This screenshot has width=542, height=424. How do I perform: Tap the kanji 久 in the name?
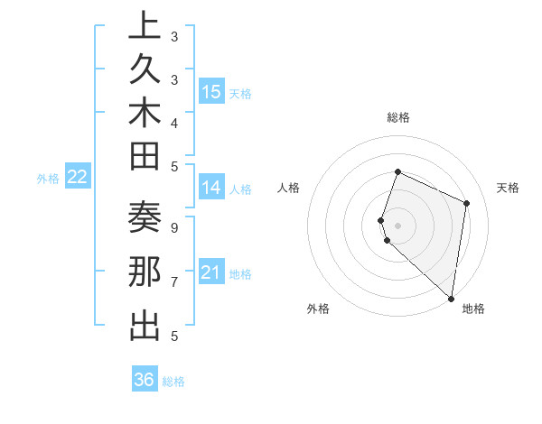tap(145, 70)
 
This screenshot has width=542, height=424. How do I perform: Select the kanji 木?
tap(145, 114)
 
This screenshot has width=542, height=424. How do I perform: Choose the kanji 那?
tap(145, 273)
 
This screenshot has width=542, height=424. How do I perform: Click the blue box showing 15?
tap(211, 91)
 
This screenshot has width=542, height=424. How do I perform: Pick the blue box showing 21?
tap(211, 272)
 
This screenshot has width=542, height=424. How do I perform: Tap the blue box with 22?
tap(78, 177)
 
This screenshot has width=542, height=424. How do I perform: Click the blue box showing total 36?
tap(145, 380)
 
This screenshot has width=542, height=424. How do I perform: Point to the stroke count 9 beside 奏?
tap(173, 227)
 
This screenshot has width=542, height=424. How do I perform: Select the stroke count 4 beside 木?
tap(173, 122)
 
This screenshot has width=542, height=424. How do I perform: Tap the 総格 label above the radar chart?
tap(398, 117)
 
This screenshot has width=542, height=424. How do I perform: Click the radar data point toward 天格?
tap(467, 203)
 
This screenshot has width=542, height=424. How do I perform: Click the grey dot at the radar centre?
tap(398, 225)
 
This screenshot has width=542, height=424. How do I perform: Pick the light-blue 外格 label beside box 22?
tap(48, 179)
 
